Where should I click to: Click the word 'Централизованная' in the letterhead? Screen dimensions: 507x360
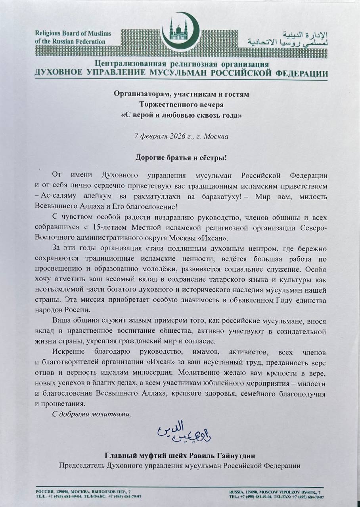pos(126,65)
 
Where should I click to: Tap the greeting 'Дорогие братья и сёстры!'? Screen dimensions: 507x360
pos(181,157)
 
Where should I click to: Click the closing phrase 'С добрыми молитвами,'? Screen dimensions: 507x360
pos(91,414)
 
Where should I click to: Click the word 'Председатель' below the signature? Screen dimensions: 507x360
pos(81,465)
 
